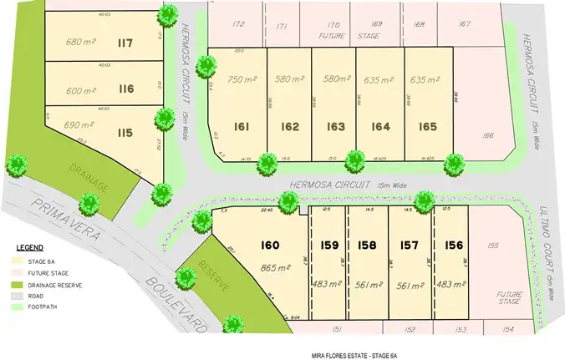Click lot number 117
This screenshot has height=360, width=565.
[126, 43]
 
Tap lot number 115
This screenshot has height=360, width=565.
[125, 133]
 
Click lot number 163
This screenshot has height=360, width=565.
[336, 127]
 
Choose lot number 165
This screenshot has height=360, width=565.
[428, 127]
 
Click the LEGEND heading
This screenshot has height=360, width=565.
[30, 249]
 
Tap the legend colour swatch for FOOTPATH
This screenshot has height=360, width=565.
[23, 307]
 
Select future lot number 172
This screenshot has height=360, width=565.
[239, 24]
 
